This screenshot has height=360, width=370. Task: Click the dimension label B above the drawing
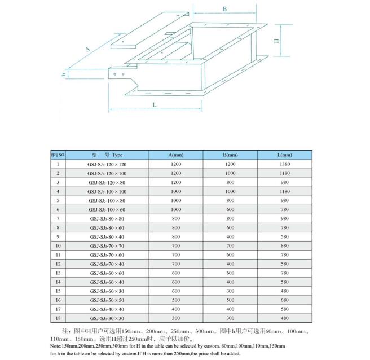pyautogui.click(x=224, y=8)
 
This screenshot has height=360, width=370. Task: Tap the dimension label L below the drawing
pyautogui.click(x=154, y=105)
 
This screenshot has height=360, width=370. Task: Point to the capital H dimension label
pyautogui.click(x=277, y=41)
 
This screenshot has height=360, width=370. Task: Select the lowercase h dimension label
pyautogui.click(x=65, y=74)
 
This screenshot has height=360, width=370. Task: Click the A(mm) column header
pyautogui.click(x=175, y=155)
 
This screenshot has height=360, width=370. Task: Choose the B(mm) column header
pyautogui.click(x=230, y=155)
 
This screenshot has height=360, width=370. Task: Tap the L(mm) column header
pyautogui.click(x=285, y=155)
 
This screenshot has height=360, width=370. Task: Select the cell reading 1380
pyautogui.click(x=285, y=164)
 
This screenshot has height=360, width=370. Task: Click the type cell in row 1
pyautogui.click(x=107, y=164)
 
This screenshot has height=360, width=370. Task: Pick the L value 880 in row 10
pyautogui.click(x=285, y=246)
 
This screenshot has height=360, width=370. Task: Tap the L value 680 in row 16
pyautogui.click(x=285, y=300)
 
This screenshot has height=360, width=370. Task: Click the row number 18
pyautogui.click(x=58, y=318)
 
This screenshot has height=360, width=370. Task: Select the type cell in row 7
pyautogui.click(x=107, y=218)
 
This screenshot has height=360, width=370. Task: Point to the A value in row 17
pyautogui.click(x=175, y=309)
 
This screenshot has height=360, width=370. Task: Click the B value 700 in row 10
pyautogui.click(x=230, y=246)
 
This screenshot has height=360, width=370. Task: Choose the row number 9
pyautogui.click(x=58, y=236)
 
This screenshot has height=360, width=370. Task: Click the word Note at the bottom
pyautogui.click(x=56, y=345)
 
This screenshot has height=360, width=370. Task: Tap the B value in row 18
pyautogui.click(x=230, y=318)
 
